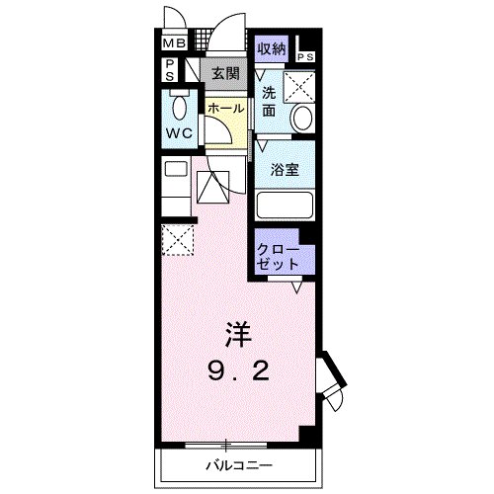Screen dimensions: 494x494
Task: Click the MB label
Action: click(173, 43)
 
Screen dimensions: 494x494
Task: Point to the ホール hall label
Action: click(225, 108)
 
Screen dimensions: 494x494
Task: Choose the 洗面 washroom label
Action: click(269, 104)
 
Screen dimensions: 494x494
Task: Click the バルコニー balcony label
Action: click(238, 464)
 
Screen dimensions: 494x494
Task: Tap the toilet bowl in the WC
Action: click(180, 107)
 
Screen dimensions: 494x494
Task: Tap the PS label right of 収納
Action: click(305, 56)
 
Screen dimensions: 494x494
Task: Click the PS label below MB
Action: click(169, 70)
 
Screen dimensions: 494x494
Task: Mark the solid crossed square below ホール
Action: click(210, 185)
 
